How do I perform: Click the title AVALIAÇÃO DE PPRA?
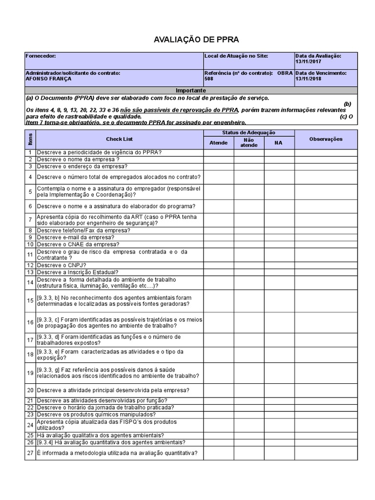tap(190, 40)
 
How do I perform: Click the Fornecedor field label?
tap(41, 56)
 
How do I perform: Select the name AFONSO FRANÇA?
tap(48, 79)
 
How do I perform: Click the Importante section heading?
tap(191, 91)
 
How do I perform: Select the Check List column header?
tap(119, 139)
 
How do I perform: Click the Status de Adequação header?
tap(249, 133)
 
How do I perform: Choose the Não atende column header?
tap(249, 143)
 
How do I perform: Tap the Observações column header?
tap(326, 139)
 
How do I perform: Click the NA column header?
tap(278, 143)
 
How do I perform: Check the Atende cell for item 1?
tap(218, 152)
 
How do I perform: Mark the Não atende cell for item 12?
tap(249, 265)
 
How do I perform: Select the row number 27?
tap(30, 453)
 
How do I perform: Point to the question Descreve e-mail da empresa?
tap(75, 237)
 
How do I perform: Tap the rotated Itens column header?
tap(30, 139)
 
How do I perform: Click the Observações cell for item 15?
tap(326, 301)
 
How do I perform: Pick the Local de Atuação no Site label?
tap(236, 56)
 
